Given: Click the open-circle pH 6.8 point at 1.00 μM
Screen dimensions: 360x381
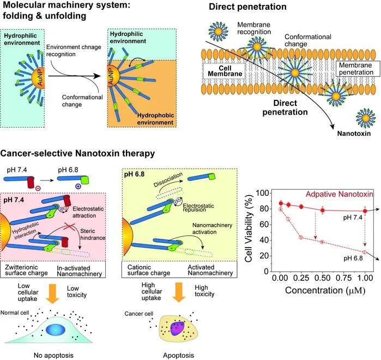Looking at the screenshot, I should click(365, 252).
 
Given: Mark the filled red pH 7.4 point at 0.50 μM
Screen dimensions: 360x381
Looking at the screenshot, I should click(322, 210).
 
